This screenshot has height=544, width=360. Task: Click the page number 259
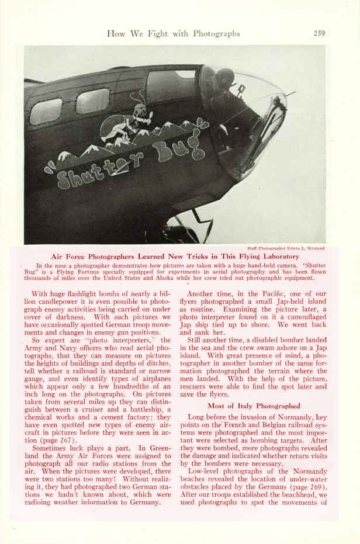(x=319, y=33)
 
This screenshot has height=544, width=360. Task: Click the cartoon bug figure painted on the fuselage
(x=130, y=122)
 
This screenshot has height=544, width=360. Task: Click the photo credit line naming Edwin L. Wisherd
(x=286, y=248)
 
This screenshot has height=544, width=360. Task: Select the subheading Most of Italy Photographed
(x=254, y=406)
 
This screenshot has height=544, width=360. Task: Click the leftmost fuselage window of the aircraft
(x=46, y=110)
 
